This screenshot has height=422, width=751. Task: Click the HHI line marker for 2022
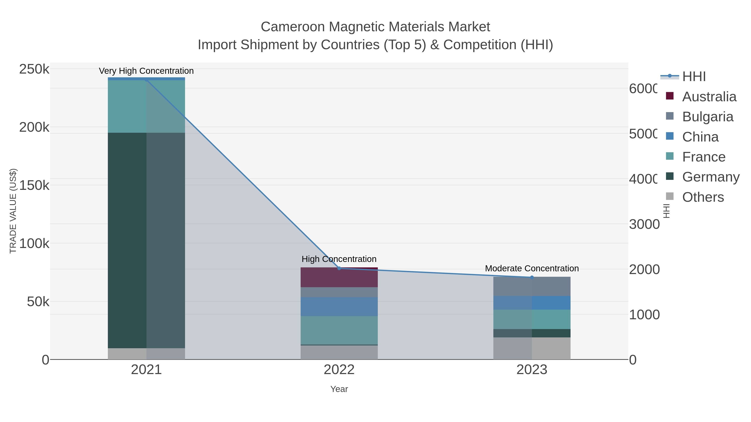coord(339,268)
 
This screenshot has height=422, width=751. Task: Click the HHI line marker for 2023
coord(532,277)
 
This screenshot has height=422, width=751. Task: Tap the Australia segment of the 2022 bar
coord(339,277)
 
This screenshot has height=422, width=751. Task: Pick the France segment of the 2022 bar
coord(339,330)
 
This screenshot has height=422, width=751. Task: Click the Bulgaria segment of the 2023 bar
coord(532,287)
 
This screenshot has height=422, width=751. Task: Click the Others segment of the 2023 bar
coord(532,348)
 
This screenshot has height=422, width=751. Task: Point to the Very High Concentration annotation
coord(146,71)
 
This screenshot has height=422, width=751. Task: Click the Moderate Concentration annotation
coord(532,268)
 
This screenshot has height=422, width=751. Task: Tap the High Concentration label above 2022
coord(339,259)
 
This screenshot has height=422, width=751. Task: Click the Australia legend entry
coord(709,97)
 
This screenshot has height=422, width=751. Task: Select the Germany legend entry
coord(711,177)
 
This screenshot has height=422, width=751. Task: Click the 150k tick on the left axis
coord(34,185)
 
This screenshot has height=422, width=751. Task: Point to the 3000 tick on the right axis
coord(644,224)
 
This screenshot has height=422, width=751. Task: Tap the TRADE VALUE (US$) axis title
coord(13,211)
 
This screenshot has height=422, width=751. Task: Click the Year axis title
coord(339,389)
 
